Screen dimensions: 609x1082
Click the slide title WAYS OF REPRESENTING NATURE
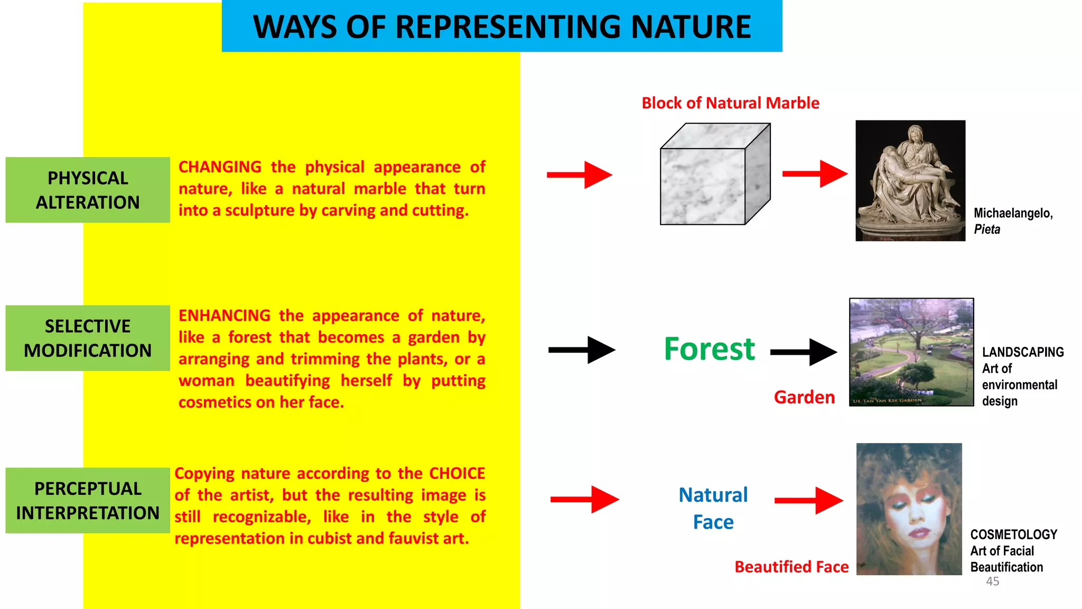coord(502,27)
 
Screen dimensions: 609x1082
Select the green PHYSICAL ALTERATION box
coord(88,190)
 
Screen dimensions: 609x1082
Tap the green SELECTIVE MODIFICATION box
coord(88,338)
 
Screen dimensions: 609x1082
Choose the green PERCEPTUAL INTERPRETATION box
coord(88,500)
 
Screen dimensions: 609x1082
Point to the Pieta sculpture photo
coord(910,181)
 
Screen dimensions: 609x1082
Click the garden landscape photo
coord(911,352)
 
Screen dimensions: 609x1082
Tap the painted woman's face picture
coord(909,509)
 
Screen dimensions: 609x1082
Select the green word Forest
coord(710,349)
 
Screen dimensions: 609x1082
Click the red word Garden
coord(804,397)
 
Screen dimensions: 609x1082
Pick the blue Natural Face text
coord(713,508)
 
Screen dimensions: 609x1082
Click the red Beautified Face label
coord(791,567)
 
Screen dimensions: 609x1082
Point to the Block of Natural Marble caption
coord(730,103)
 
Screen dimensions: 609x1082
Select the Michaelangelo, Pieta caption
coord(1012,220)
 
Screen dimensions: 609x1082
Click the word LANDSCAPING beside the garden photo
coord(1022,352)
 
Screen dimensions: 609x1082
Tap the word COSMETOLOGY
coord(1013,534)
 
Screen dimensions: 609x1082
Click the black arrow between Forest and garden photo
coord(803,352)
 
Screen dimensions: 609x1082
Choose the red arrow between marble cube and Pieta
coord(814,173)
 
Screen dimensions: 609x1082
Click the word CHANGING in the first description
coord(220,167)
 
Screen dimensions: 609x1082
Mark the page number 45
coord(992,582)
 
